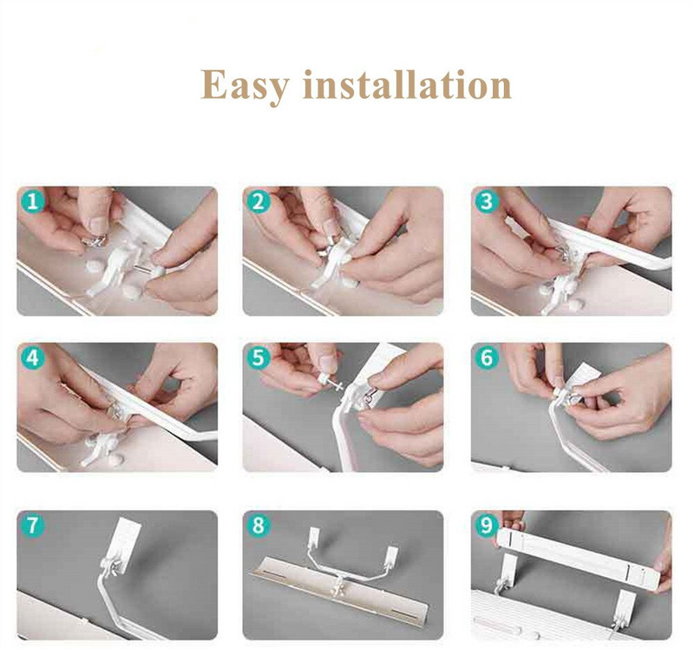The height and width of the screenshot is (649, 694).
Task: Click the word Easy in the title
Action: (245, 86)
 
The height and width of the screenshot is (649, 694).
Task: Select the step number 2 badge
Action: (259, 202)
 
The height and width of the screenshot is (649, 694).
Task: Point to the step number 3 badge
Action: (487, 202)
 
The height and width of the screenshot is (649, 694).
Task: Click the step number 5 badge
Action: (259, 357)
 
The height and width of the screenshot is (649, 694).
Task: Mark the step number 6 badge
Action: (487, 357)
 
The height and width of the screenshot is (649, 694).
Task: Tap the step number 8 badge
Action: (259, 526)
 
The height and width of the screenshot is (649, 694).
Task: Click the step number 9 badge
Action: (487, 526)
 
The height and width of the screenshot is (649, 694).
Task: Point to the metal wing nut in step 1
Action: (95, 239)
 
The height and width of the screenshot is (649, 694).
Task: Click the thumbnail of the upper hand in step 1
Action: (100, 225)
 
